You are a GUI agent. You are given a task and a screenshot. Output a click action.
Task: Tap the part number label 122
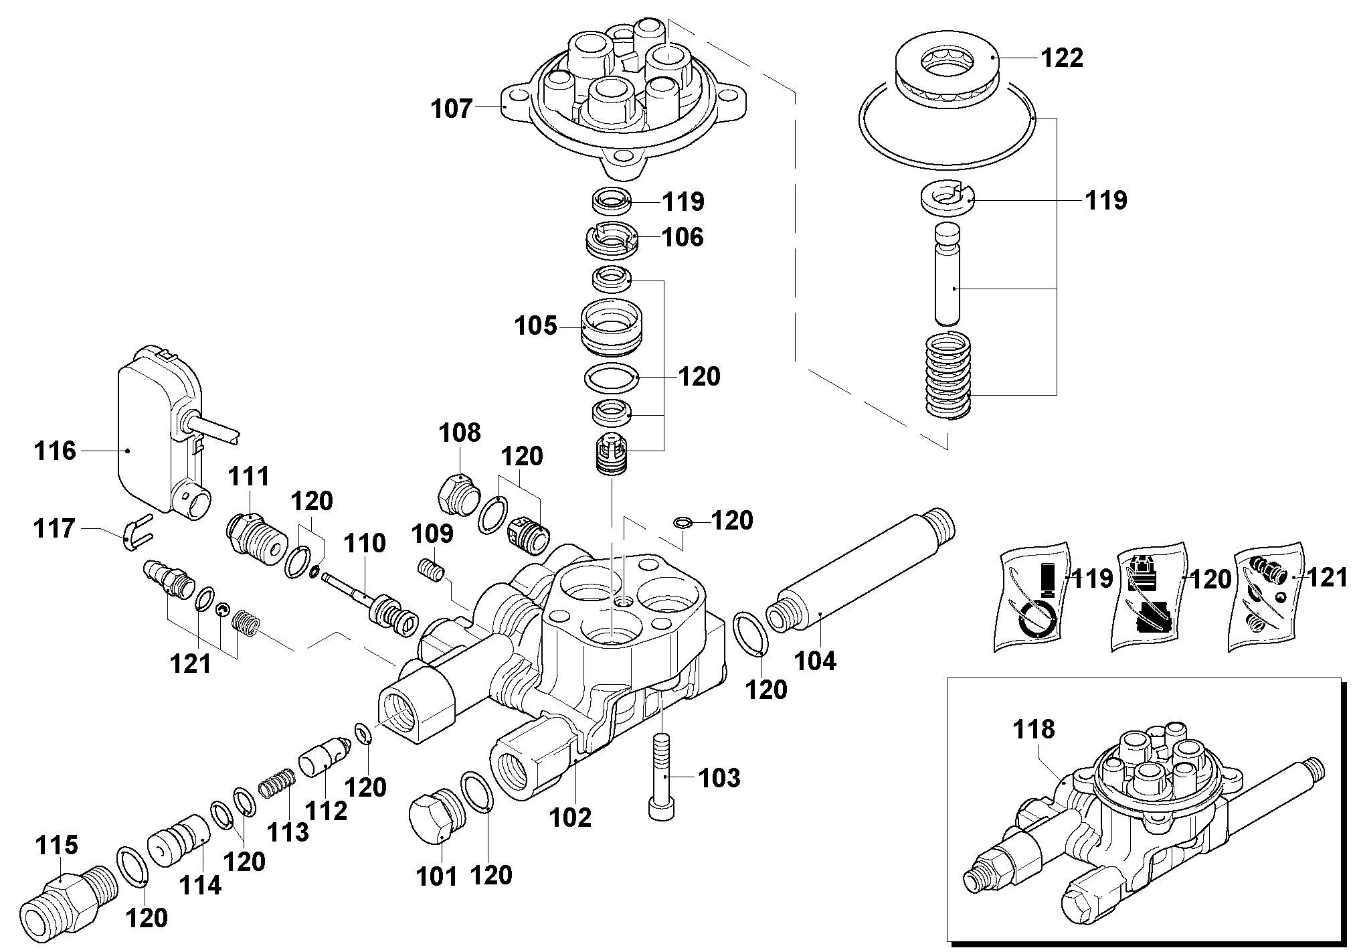[x=1062, y=58]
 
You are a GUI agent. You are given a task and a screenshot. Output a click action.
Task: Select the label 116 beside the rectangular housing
[x=56, y=451]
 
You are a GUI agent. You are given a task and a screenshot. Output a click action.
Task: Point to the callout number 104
[x=816, y=661]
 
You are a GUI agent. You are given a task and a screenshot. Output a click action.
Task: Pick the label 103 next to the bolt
[x=719, y=778]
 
